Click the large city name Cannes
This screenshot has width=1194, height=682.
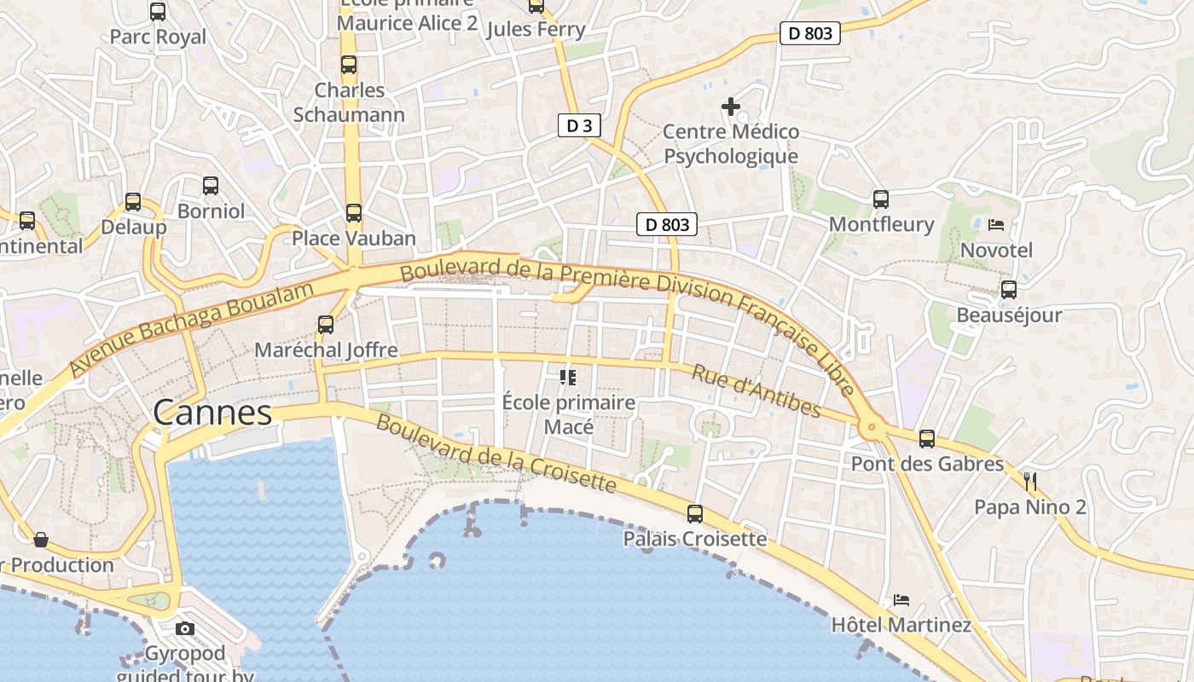pyautogui.click(x=212, y=413)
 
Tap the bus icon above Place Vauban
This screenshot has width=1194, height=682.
pyautogui.click(x=354, y=213)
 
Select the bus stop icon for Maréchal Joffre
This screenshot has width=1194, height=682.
pyautogui.click(x=326, y=325)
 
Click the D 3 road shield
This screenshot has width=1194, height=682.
pyautogui.click(x=579, y=126)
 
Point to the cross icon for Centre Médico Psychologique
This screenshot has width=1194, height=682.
pyautogui.click(x=731, y=107)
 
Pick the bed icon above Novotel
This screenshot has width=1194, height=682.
pyautogui.click(x=996, y=225)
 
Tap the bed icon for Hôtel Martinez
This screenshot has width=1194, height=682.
pyautogui.click(x=901, y=600)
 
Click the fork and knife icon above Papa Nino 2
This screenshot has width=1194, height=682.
pyautogui.click(x=1030, y=482)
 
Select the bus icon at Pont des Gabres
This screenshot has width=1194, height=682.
pyautogui.click(x=927, y=439)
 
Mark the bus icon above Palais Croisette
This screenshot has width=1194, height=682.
pyautogui.click(x=695, y=514)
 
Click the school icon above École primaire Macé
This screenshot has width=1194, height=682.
pyautogui.click(x=568, y=377)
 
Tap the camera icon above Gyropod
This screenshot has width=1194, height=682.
pyautogui.click(x=185, y=629)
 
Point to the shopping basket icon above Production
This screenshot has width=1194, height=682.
pyautogui.click(x=41, y=540)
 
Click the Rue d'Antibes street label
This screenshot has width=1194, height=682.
pyautogui.click(x=756, y=392)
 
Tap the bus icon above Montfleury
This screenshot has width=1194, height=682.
pyautogui.click(x=881, y=199)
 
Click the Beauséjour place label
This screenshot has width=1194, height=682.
pyautogui.click(x=1009, y=315)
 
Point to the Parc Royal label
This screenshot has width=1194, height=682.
pyautogui.click(x=158, y=37)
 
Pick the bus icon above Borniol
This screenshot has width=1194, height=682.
pyautogui.click(x=211, y=185)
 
